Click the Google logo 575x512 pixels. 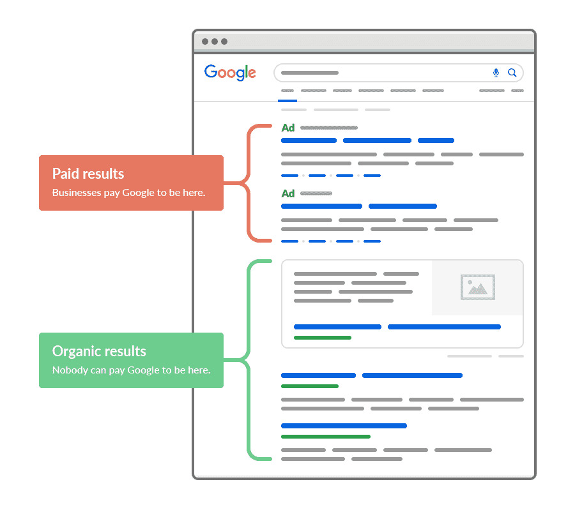[230, 72]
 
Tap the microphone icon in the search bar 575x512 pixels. [496, 73]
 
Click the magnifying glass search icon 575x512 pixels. [512, 73]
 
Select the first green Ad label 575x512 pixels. [288, 128]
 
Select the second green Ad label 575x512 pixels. [288, 193]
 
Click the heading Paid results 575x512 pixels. [88, 174]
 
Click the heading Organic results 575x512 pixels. [99, 351]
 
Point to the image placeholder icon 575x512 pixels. [477, 287]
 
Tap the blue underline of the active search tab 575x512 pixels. [287, 100]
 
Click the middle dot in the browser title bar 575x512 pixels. [215, 41]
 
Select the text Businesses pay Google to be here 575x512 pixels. [128, 193]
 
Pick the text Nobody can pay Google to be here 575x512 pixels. [131, 370]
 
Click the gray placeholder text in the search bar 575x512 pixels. [310, 73]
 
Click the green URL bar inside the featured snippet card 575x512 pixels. [323, 338]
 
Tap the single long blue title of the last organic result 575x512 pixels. [344, 426]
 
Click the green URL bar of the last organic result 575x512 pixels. [326, 437]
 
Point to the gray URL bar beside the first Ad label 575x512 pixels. [329, 128]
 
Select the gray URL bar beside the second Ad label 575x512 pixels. [316, 193]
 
